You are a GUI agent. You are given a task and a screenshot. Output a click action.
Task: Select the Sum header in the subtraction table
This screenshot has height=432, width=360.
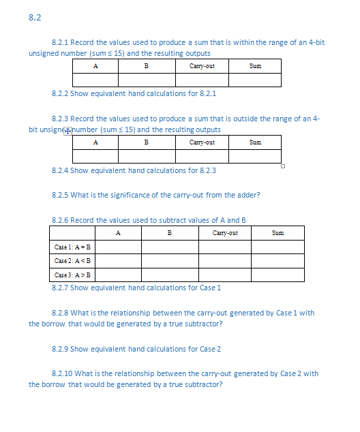[x=277, y=233]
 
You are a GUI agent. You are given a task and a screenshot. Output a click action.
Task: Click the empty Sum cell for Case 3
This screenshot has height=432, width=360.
[x=277, y=275]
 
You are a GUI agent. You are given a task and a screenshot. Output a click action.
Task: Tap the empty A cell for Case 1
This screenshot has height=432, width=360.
[x=118, y=247]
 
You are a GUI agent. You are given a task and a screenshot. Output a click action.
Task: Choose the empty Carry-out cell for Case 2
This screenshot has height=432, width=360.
[x=225, y=261]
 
